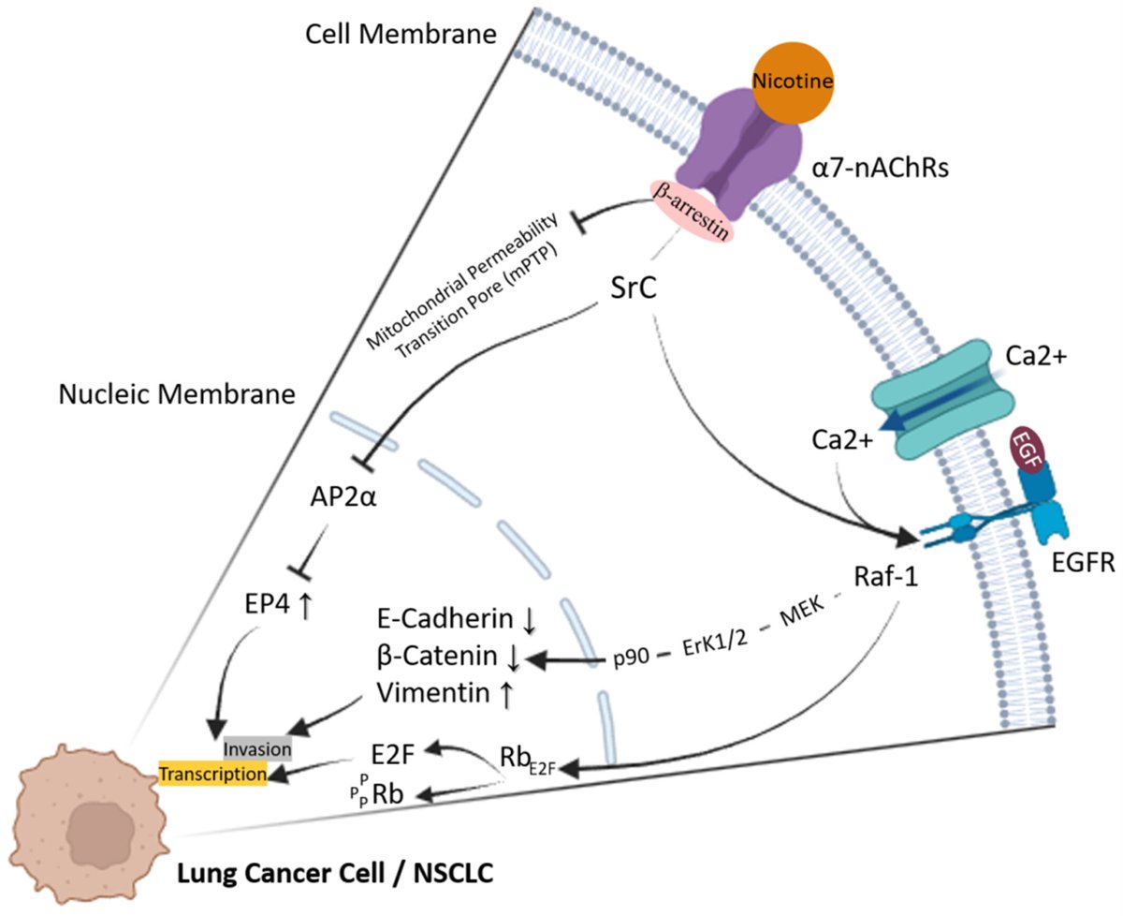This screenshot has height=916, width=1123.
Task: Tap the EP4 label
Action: tap(264, 607)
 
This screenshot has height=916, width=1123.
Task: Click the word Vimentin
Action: tap(429, 693)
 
